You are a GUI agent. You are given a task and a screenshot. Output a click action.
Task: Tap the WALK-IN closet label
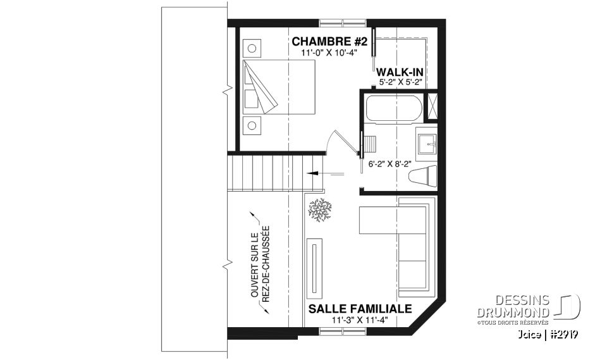tap(400, 72)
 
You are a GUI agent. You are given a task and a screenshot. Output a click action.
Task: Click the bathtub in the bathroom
tap(393, 109)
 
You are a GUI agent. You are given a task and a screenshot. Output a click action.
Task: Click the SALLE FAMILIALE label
tap(360, 309)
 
